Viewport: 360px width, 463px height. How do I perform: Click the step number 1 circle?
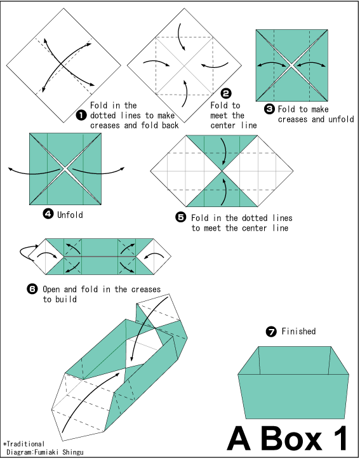81,115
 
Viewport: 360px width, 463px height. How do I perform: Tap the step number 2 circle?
226,93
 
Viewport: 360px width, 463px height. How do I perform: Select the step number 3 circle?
269,109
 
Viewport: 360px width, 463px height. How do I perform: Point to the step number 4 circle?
48,213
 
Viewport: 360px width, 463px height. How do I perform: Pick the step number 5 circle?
181,217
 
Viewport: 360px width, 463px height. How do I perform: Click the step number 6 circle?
32,288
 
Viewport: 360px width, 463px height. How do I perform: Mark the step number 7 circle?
271,332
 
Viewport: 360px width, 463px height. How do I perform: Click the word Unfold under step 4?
70,215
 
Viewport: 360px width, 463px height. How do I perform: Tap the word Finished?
298,332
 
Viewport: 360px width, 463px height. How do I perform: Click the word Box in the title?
291,439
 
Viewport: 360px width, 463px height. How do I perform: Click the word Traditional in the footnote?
25,444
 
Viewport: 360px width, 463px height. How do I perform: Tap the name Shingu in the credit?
73,452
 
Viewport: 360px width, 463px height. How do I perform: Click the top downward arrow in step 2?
180,37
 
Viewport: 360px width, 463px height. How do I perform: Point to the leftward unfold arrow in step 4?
34,172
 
